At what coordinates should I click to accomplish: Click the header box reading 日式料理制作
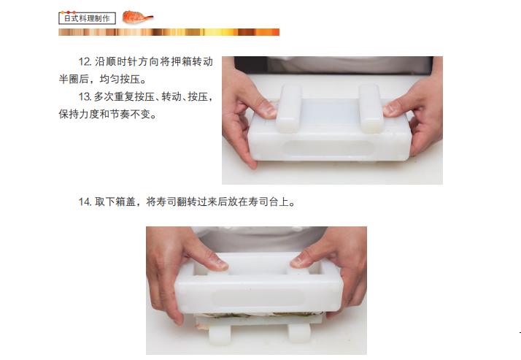[87, 18]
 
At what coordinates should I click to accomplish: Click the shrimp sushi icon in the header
[137, 17]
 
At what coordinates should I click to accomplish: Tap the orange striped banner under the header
[169, 32]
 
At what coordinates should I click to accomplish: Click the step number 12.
[85, 61]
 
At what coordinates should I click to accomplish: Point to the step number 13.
[85, 96]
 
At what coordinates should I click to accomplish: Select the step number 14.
[85, 202]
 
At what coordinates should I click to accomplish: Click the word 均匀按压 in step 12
[120, 79]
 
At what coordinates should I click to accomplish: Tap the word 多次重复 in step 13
[114, 96]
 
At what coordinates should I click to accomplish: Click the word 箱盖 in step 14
[126, 202]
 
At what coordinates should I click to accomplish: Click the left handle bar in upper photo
[290, 108]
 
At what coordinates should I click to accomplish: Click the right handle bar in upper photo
[371, 108]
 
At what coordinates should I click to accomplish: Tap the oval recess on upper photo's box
[328, 148]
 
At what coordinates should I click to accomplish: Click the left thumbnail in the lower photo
[220, 265]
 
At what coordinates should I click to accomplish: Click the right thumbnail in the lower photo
[298, 262]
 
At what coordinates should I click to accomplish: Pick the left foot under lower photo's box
[220, 334]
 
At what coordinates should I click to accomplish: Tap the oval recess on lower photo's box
[258, 298]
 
